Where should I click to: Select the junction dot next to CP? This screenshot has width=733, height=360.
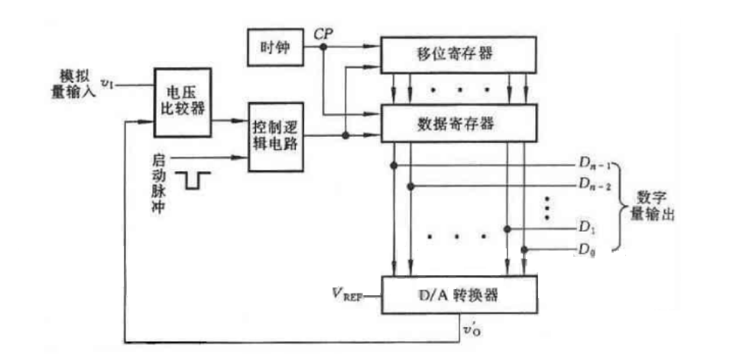point(324,47)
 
